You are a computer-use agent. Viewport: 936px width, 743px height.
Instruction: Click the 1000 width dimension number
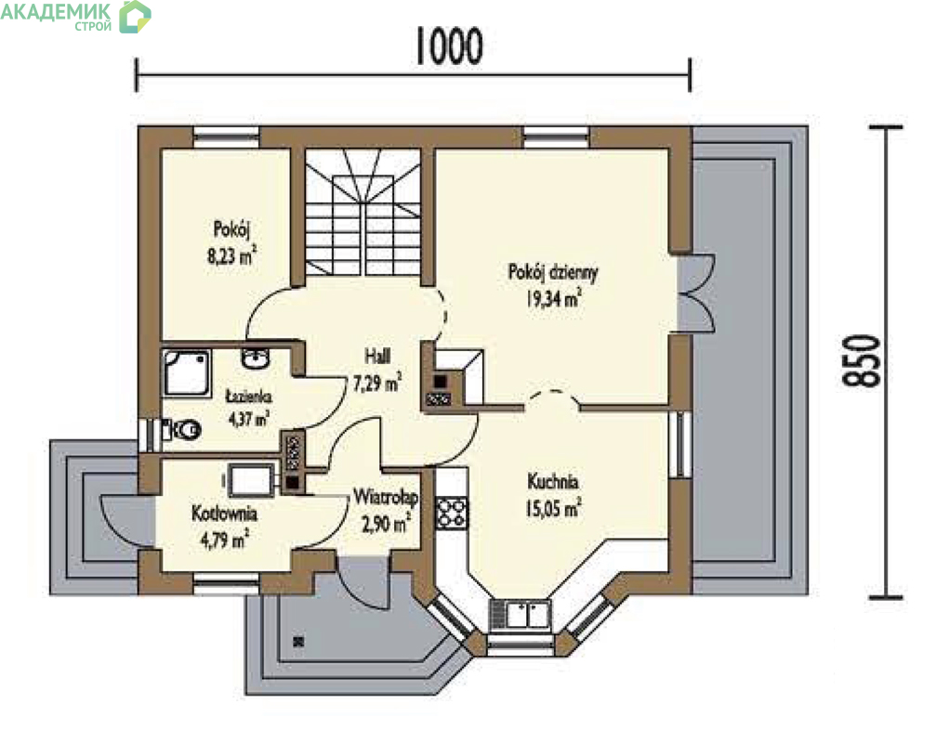tap(448, 46)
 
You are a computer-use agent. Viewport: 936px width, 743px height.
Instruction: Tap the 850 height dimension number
tap(862, 360)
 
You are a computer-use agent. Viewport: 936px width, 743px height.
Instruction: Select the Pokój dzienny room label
tap(553, 272)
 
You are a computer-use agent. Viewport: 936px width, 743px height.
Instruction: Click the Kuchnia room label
tap(553, 481)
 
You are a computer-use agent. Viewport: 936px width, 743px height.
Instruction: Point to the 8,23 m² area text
tap(231, 255)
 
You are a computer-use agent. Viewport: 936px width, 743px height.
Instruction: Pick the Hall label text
tap(377, 356)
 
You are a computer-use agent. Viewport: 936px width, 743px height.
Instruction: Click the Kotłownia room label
tap(224, 513)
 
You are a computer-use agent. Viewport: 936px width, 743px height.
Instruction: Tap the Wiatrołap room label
tap(386, 497)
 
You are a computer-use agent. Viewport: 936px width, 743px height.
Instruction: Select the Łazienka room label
tap(249, 396)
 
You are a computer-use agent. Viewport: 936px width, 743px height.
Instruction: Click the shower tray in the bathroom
tap(186, 372)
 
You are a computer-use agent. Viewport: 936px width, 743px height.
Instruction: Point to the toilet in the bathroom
tap(184, 429)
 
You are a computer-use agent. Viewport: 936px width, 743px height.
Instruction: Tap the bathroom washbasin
tap(257, 358)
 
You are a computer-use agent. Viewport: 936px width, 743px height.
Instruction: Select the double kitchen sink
tap(521, 614)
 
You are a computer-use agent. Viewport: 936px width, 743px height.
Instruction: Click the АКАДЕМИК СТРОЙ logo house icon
tap(135, 17)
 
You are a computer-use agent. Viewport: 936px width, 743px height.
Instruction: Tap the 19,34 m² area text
tap(553, 297)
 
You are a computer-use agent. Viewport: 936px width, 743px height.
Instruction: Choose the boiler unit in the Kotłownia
tap(252, 479)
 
